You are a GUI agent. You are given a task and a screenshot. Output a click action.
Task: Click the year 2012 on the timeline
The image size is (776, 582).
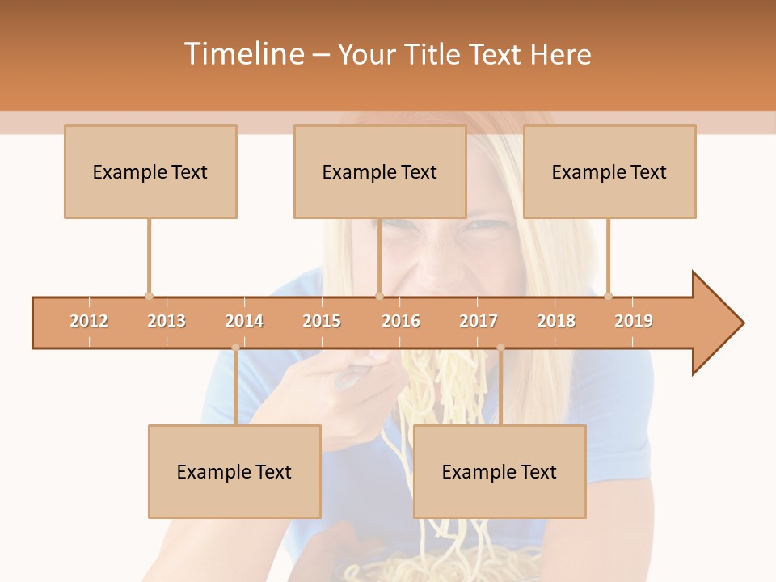pyautogui.click(x=89, y=321)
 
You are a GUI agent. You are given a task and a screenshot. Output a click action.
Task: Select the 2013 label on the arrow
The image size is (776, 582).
pyautogui.click(x=167, y=321)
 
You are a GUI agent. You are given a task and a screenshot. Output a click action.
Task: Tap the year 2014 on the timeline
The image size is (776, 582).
pyautogui.click(x=244, y=321)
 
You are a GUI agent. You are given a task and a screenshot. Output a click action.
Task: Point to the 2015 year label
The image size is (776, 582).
pyautogui.click(x=322, y=321)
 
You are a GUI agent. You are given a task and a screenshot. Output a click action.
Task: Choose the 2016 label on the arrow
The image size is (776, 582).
pyautogui.click(x=401, y=321)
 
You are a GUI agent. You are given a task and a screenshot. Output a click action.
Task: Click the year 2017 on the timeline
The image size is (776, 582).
pyautogui.click(x=479, y=321)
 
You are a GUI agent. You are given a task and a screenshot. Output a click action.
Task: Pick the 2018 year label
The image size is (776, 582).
pyautogui.click(x=556, y=321)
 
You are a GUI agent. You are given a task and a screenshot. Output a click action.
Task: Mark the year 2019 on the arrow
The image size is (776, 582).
pyautogui.click(x=634, y=321)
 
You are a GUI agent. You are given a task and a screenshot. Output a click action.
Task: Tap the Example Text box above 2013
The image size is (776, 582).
pyautogui.click(x=150, y=171)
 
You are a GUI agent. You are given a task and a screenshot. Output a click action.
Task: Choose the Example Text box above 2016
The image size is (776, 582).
pyautogui.click(x=380, y=171)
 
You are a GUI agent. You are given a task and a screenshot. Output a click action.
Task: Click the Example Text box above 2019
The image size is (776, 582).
pyautogui.click(x=609, y=171)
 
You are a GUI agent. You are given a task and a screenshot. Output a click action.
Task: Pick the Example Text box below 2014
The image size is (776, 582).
pyautogui.click(x=234, y=471)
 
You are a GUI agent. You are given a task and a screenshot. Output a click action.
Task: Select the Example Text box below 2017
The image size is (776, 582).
pyautogui.click(x=500, y=471)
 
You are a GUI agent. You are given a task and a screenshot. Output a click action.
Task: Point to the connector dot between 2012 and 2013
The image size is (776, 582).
pyautogui.click(x=149, y=296)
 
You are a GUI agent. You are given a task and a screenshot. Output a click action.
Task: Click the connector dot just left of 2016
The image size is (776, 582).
pyautogui.click(x=379, y=296)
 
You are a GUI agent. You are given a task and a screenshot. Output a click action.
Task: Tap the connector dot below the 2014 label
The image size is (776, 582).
pyautogui.click(x=235, y=348)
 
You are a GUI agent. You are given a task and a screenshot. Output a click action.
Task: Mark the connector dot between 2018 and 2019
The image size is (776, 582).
pyautogui.click(x=608, y=296)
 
